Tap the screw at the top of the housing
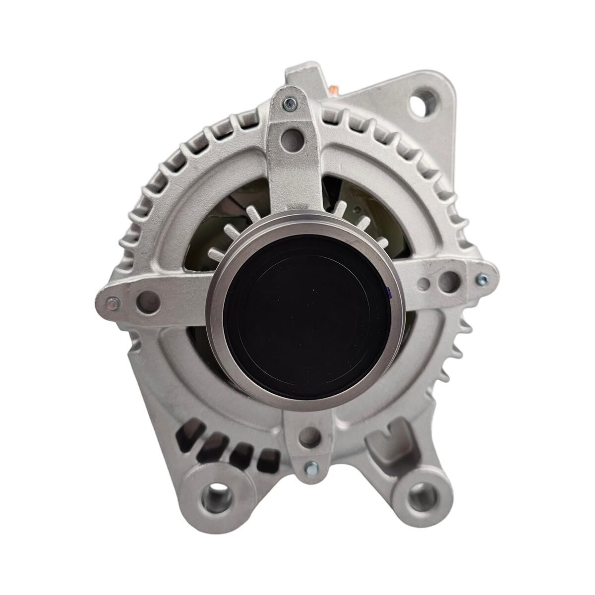[288, 103]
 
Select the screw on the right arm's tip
[480, 281]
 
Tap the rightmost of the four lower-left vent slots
[267, 460]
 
